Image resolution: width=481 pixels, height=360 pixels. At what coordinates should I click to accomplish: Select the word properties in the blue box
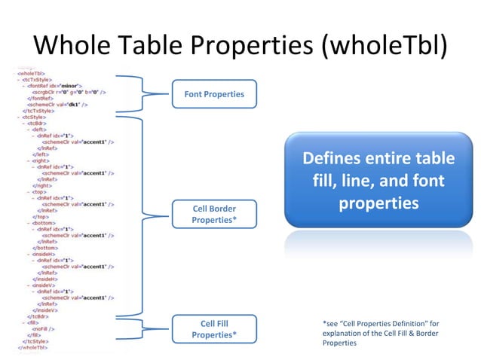click(378, 204)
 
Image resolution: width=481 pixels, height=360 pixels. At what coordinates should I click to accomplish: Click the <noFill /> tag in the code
click(43, 329)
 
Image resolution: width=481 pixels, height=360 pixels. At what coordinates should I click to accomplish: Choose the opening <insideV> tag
click(41, 285)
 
